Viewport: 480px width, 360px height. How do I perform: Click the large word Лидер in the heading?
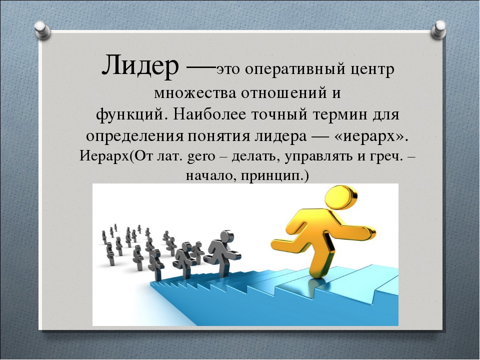[140, 64]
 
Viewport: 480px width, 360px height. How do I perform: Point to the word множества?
[195, 93]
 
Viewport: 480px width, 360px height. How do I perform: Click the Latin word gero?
[201, 157]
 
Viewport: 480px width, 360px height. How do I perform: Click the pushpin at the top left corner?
[42, 30]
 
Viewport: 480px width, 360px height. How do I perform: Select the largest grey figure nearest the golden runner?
[222, 252]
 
